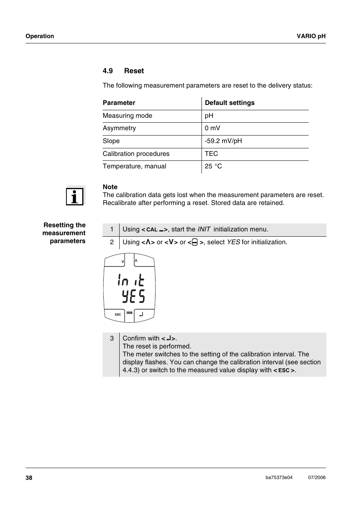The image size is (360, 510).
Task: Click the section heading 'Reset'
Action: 134,71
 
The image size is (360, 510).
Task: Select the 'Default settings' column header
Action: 229,103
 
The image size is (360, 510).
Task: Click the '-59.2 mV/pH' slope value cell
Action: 223,141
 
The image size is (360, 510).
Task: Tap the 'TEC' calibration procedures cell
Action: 211,154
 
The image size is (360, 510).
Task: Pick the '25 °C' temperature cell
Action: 213,166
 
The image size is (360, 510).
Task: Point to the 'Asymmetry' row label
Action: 119,128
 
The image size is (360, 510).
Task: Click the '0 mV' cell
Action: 212,128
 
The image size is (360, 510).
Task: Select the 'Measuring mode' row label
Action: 127,116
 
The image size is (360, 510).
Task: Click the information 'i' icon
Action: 75,196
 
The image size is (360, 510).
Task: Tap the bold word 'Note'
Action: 110,187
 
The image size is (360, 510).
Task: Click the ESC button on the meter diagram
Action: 118,314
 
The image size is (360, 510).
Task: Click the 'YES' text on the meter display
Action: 133,296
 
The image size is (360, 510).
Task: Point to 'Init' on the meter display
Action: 131,280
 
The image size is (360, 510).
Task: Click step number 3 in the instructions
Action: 112,338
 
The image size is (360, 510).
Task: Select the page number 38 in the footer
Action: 29,478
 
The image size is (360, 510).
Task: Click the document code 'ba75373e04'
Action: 279,478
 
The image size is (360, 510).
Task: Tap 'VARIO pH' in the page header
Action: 311,36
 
